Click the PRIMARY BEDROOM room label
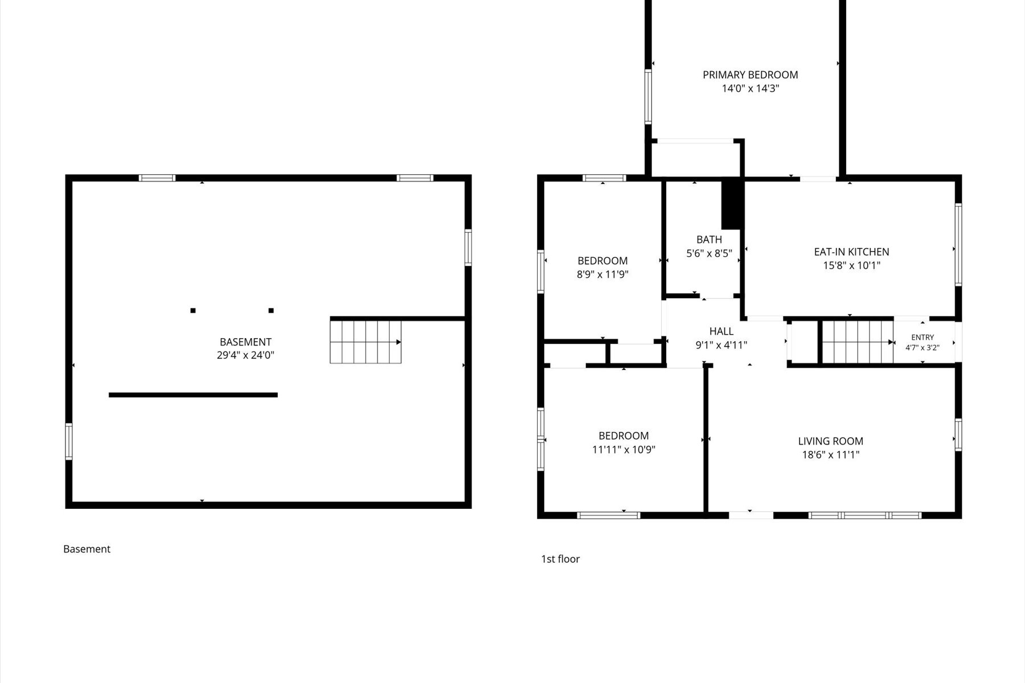[x=750, y=75]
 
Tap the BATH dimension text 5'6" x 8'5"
[x=709, y=253]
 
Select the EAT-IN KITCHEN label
[x=851, y=252]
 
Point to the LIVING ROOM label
[x=830, y=441]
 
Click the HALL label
[x=721, y=331]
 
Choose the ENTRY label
[x=922, y=338]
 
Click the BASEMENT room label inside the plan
[x=245, y=342]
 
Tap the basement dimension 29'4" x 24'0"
[x=245, y=355]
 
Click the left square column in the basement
[x=193, y=311]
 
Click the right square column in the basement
[x=271, y=311]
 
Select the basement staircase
[x=366, y=342]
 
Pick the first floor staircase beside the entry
[x=857, y=342]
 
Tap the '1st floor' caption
[x=560, y=559]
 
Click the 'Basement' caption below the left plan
[x=87, y=549]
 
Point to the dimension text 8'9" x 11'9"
[x=602, y=274]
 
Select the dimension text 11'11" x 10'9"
[x=624, y=450]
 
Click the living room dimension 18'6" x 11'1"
[x=830, y=455]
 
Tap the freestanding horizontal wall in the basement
[x=193, y=395]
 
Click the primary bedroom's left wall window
[x=648, y=97]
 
